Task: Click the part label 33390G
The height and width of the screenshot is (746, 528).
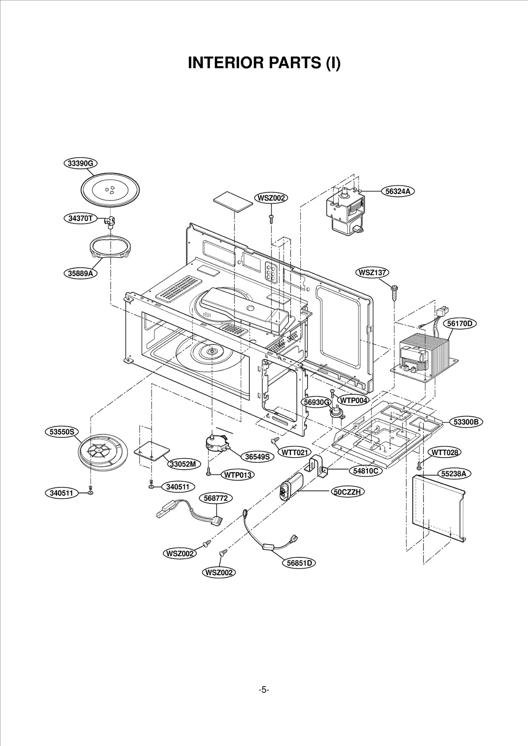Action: pos(81,163)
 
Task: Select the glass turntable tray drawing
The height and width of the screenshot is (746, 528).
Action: pos(110,190)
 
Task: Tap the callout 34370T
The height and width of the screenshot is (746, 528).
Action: pos(81,218)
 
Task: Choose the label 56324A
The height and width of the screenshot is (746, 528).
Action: pos(398,191)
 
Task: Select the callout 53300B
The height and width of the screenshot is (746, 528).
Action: pos(466,422)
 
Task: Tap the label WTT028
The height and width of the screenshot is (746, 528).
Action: pos(445,452)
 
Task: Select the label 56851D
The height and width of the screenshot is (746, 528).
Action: pos(299,563)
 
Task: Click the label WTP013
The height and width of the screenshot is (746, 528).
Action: pos(238,475)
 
